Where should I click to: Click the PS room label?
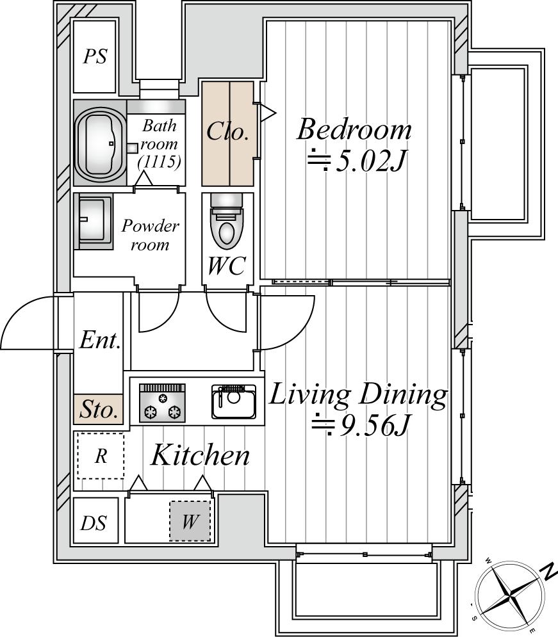tap(95, 56)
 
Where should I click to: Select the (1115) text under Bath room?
tap(159, 162)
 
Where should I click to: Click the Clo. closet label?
tap(227, 131)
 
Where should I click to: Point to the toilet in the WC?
tap(227, 221)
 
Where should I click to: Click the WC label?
tap(226, 266)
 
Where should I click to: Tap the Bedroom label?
tap(354, 129)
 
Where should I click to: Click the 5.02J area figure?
tap(357, 161)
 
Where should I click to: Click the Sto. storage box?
tap(99, 409)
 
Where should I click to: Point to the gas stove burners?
tap(162, 403)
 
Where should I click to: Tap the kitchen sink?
tap(234, 402)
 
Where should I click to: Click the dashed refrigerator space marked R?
tap(101, 456)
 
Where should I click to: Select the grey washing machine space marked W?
tap(190, 521)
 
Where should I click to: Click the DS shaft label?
tap(94, 523)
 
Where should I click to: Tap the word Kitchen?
tap(200, 455)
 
